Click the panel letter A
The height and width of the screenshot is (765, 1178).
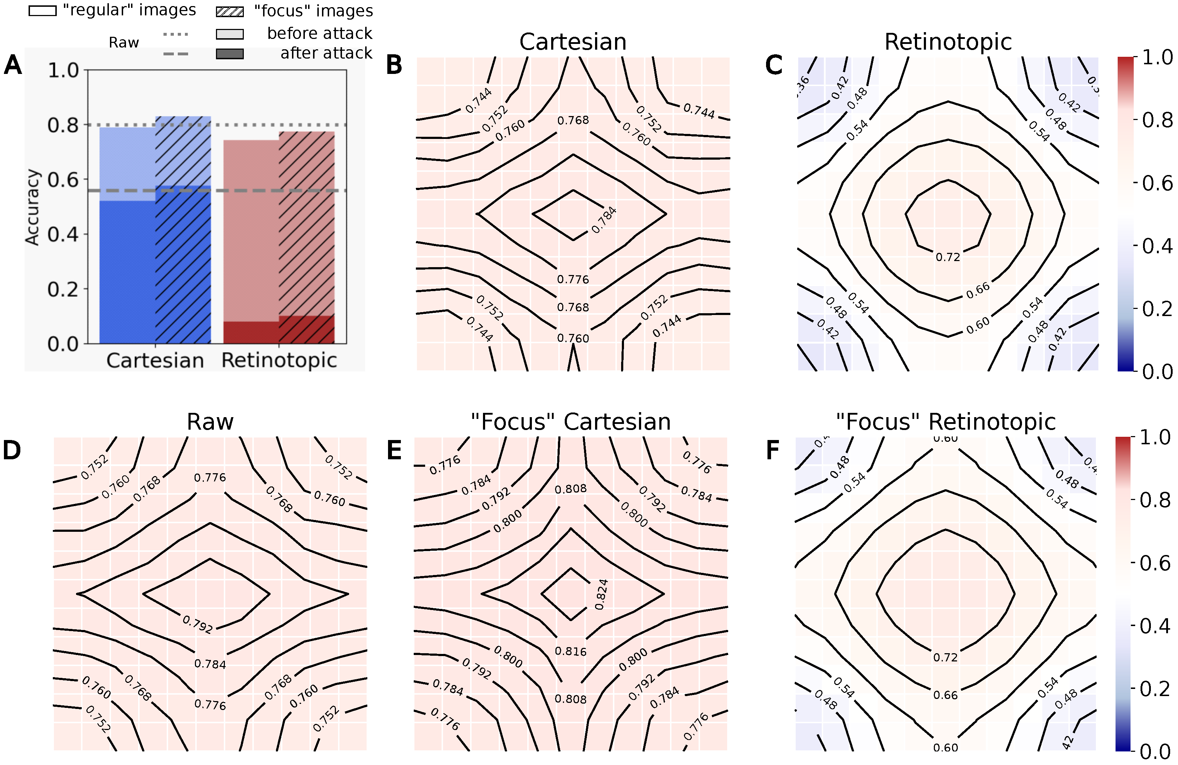13,65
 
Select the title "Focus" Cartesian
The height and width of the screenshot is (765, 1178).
571,422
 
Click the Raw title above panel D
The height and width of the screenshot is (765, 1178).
210,422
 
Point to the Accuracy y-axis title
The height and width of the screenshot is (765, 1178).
33,207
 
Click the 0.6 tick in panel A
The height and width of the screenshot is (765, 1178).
63,180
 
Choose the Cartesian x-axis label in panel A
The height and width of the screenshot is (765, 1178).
155,360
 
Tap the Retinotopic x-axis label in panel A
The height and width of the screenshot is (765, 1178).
279,360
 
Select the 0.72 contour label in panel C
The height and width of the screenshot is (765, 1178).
947,257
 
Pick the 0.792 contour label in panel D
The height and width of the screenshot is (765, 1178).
197,624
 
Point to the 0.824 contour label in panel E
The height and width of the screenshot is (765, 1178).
601,594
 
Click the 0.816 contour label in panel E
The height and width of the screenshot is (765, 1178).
571,651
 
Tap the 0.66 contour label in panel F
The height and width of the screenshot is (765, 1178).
945,695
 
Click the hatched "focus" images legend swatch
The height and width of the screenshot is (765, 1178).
230,11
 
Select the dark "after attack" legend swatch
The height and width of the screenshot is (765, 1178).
230,54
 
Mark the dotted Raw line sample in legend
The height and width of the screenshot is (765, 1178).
176,34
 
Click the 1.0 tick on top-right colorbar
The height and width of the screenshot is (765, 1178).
1157,57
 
